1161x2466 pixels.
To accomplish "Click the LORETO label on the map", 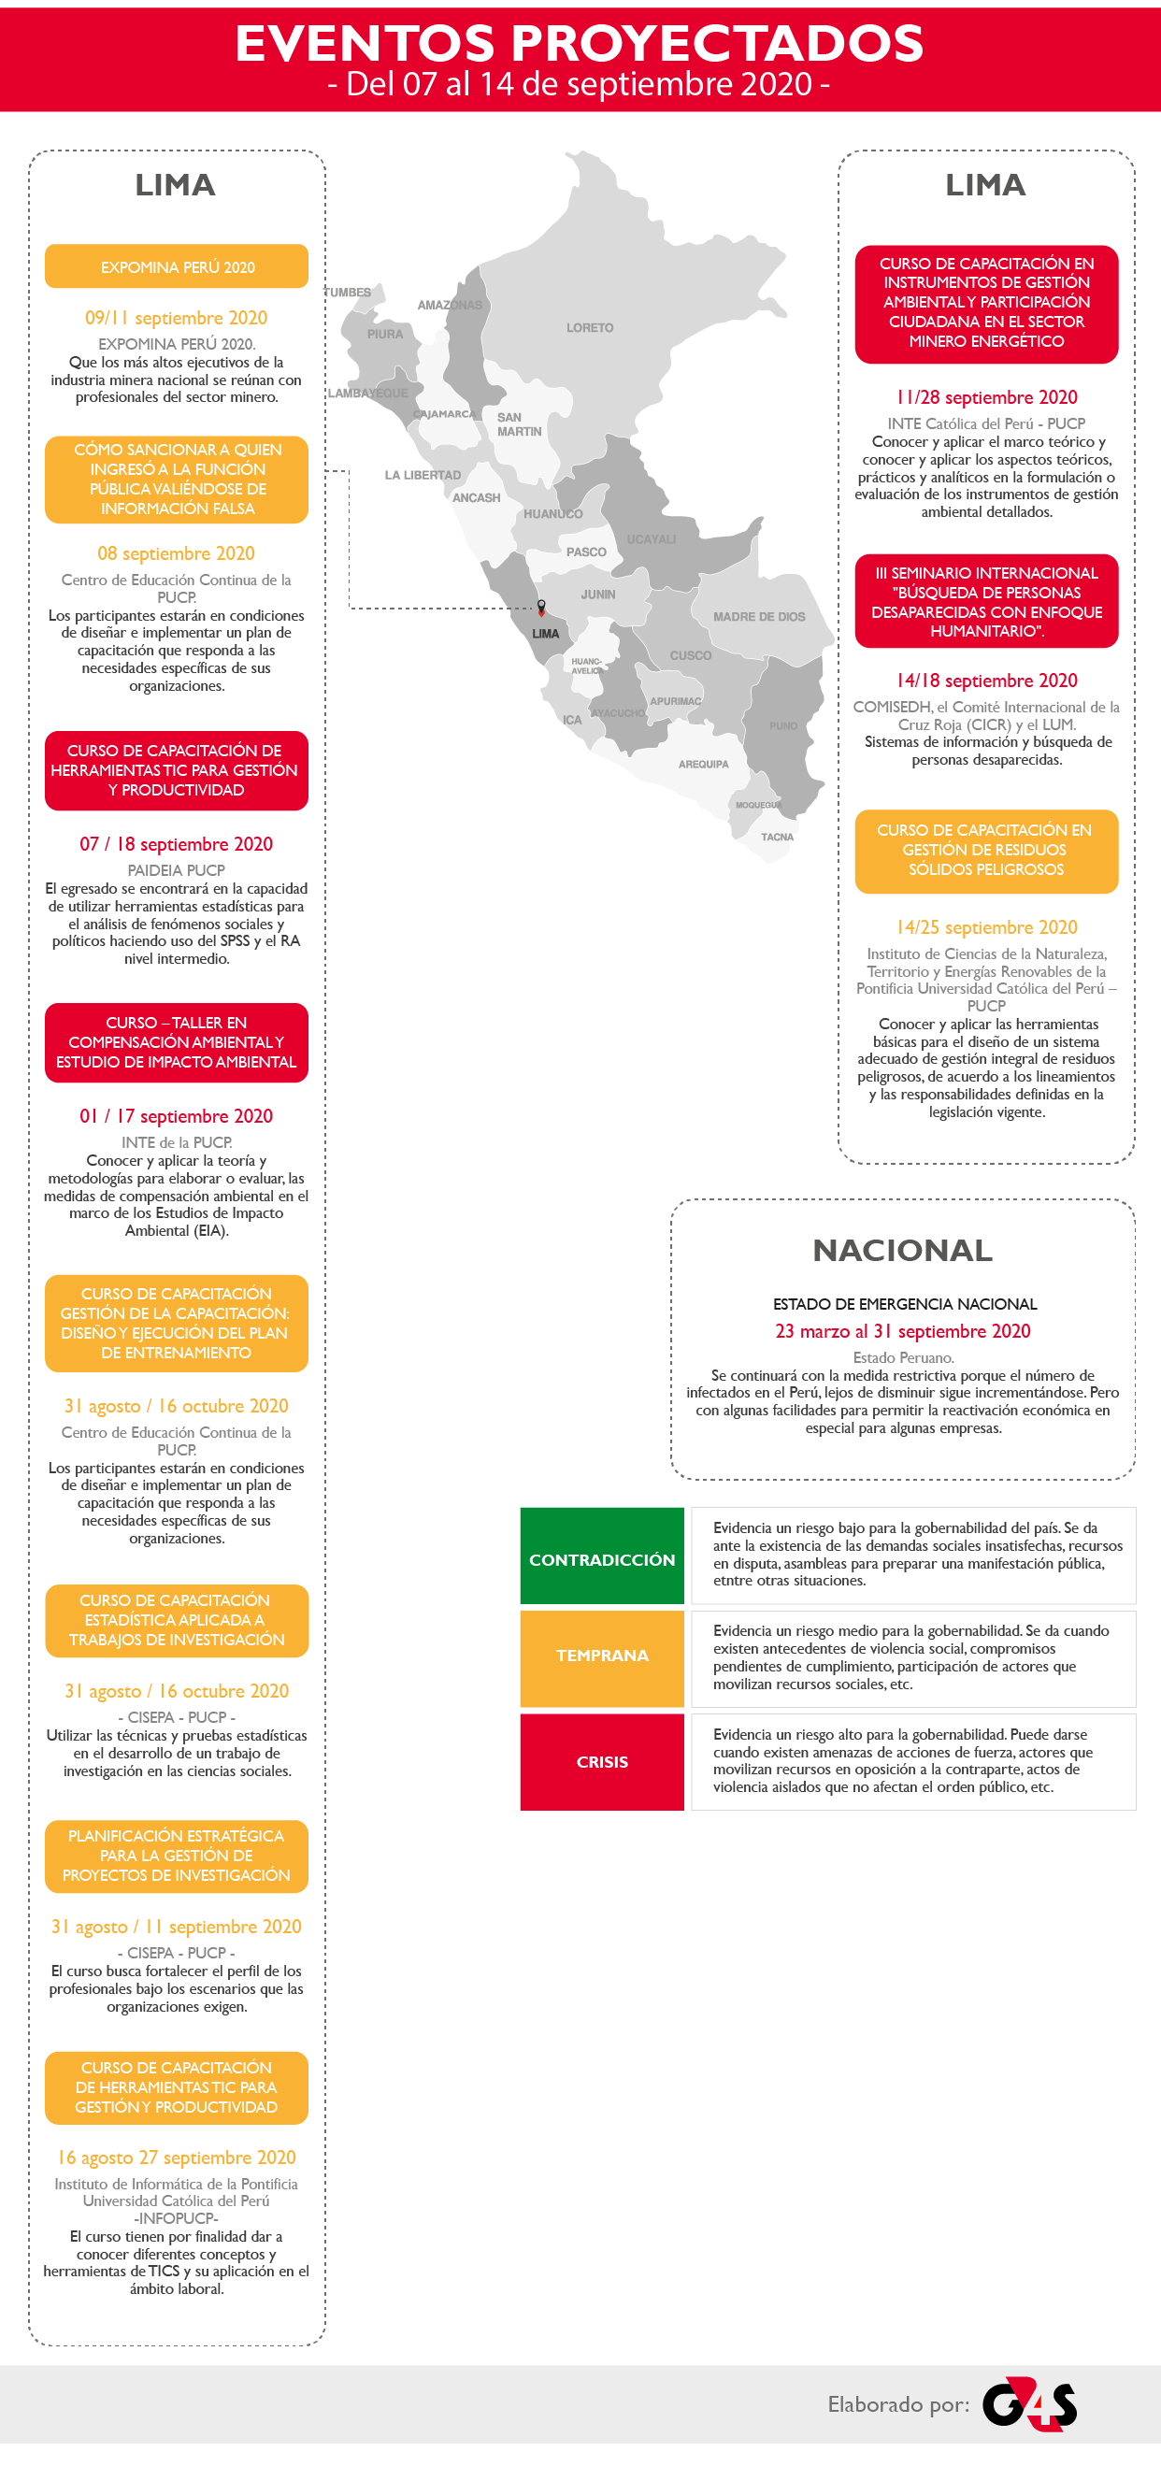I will coord(590,327).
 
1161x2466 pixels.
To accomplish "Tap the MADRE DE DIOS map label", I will coord(759,617).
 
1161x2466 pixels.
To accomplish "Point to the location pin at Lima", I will coord(541,607).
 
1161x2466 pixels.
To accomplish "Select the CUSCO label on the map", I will coord(690,655).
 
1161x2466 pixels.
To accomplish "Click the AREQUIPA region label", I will coord(704,764).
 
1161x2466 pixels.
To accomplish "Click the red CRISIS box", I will coord(602,1762).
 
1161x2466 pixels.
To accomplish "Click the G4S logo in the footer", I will coord(1030,2403).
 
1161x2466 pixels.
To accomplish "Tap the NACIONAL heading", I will coord(903,1250).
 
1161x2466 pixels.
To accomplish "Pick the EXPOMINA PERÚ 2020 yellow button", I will coord(177,267).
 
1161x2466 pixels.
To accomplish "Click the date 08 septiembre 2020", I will coord(176,553).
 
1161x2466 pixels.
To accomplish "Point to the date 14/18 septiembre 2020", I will coord(987,681).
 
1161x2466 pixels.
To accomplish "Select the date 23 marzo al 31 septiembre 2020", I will coord(903,1330).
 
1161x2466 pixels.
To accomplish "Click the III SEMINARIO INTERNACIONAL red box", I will coord(987,601).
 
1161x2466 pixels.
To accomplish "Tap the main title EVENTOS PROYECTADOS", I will coord(580,43).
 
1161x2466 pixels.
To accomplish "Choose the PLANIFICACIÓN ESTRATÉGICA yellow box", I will coord(177,1856).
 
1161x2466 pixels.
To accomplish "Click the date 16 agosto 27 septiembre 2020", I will coord(177,2157).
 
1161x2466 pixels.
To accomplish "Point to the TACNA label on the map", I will coord(777,837).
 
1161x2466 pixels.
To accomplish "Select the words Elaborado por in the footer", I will coord(897,2404).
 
